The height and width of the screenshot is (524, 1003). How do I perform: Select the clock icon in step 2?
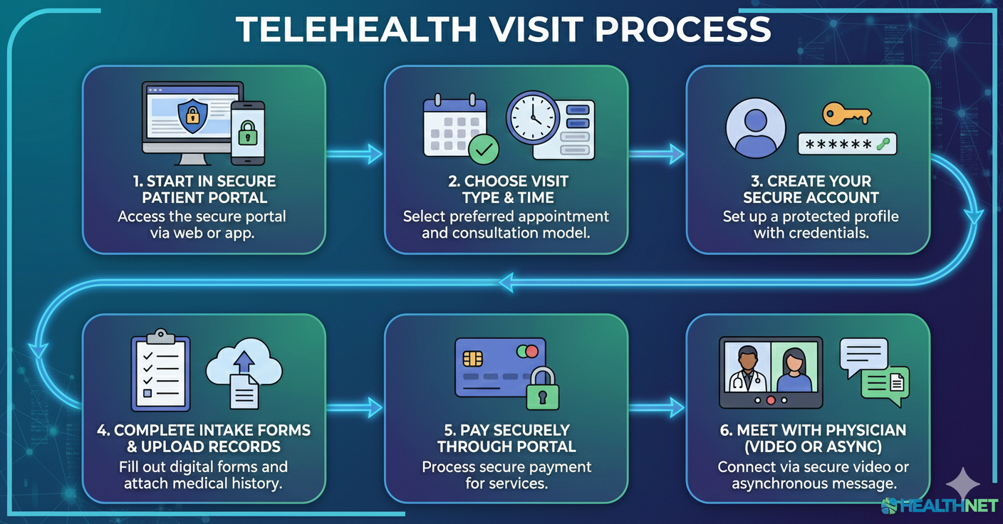533,118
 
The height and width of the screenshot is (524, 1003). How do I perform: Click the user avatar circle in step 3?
754,127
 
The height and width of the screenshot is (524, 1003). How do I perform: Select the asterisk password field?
846,144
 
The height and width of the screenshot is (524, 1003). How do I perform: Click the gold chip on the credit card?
472,357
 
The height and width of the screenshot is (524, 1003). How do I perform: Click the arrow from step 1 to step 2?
354,152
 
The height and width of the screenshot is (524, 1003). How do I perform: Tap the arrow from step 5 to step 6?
656,408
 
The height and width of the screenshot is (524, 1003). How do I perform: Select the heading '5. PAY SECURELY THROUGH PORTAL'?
506,438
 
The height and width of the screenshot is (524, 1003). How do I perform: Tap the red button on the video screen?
769,400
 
